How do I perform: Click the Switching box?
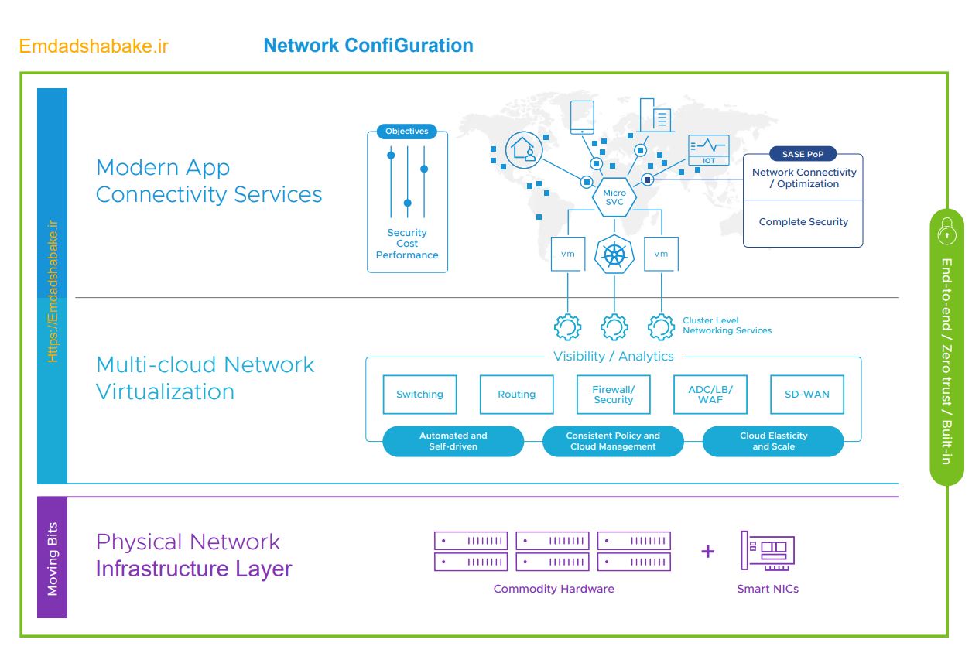(419, 395)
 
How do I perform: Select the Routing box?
(516, 395)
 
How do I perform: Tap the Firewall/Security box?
(613, 395)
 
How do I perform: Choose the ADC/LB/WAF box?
(710, 395)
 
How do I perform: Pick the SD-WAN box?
(806, 395)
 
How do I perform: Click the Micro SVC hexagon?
(614, 197)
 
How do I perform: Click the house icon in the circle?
(525, 149)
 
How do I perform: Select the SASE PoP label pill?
(803, 154)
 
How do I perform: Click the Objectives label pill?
(407, 132)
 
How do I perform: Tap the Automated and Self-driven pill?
(453, 441)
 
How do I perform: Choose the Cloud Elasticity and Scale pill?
(773, 441)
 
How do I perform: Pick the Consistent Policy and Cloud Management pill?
(613, 441)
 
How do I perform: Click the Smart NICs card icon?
(767, 551)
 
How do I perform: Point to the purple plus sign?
(707, 552)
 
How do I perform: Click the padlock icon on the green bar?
(946, 231)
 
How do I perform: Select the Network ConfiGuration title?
(368, 46)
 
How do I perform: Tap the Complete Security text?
(803, 222)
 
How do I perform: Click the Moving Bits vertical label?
(53, 558)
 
